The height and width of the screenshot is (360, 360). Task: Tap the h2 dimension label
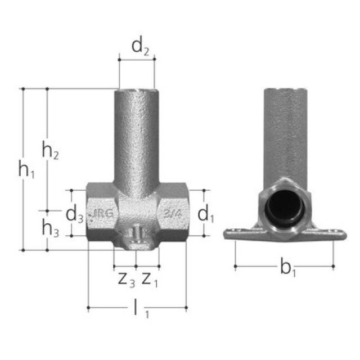pyautogui.click(x=51, y=150)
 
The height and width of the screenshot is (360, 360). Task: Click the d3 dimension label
pyautogui.click(x=75, y=214)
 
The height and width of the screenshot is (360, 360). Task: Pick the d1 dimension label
pyautogui.click(x=206, y=214)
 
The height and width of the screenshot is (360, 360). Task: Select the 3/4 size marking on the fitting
pyautogui.click(x=172, y=214)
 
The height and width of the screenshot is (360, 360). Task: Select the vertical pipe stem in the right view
pyautogui.click(x=283, y=135)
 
